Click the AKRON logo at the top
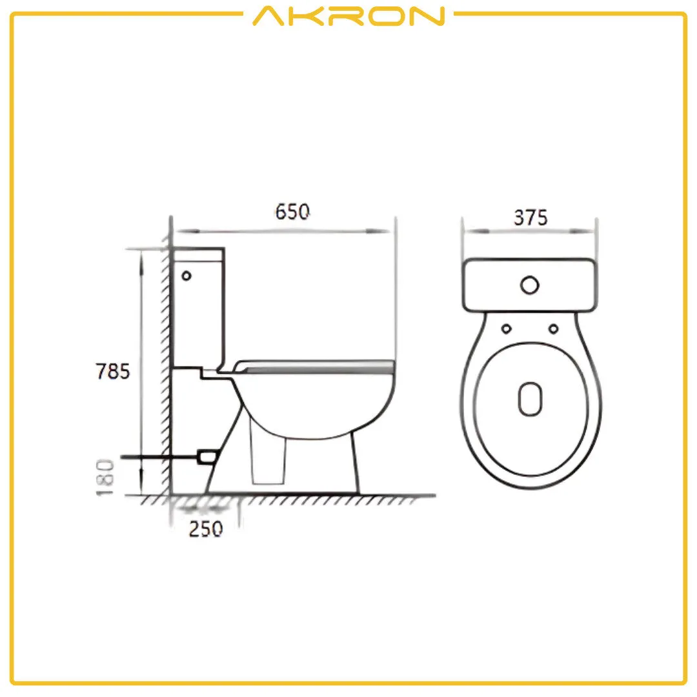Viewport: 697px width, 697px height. [348, 15]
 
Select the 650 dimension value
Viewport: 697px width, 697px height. [292, 212]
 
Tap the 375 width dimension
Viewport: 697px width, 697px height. [530, 218]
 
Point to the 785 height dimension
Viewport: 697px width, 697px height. [113, 372]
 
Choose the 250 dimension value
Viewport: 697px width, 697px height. [206, 529]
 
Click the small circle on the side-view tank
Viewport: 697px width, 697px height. [187, 276]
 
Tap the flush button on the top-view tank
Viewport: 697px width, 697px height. [530, 285]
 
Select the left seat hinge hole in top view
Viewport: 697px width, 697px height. [506, 328]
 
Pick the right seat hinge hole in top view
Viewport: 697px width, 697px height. [553, 328]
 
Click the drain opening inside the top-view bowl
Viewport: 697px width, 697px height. [530, 398]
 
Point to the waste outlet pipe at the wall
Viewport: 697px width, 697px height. [207, 456]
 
